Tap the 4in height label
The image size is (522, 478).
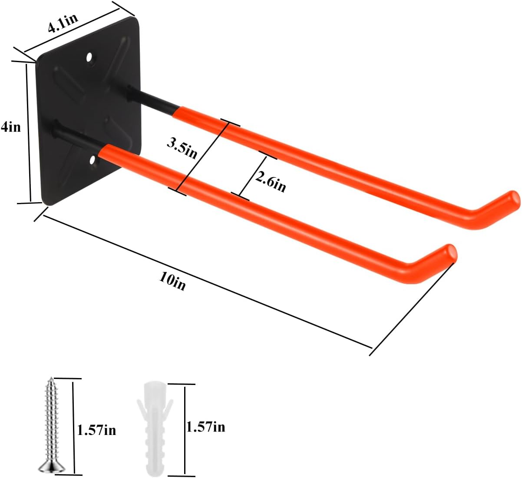[x=11, y=127]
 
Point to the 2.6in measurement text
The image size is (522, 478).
[x=270, y=181]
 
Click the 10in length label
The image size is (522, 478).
[x=172, y=282]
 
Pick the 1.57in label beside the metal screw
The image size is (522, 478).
[x=96, y=430]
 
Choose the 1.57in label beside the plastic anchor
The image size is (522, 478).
[x=205, y=427]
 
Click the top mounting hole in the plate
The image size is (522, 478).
[x=90, y=57]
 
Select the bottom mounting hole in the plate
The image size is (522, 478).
[x=93, y=161]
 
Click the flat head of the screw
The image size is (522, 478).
[x=52, y=467]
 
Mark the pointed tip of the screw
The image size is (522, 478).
[x=51, y=379]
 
